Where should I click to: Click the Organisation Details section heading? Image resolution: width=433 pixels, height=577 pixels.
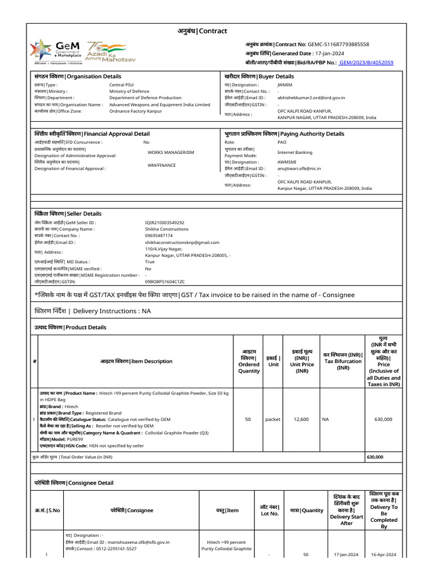(x=77, y=76)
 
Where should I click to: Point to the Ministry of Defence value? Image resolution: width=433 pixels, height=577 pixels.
(x=129, y=91)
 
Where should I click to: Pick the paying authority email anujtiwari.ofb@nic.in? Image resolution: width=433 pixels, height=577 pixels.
(x=299, y=168)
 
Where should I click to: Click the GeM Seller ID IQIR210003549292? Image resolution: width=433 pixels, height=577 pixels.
(x=165, y=223)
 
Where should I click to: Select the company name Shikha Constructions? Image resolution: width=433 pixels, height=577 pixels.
(x=166, y=229)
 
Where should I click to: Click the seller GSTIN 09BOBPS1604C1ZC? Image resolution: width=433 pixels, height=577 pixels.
(x=165, y=281)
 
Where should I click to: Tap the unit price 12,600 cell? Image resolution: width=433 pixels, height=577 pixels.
(x=302, y=419)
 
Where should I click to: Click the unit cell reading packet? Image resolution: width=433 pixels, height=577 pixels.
(x=273, y=419)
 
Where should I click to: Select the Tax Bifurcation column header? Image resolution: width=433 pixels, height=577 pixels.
(x=342, y=361)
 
